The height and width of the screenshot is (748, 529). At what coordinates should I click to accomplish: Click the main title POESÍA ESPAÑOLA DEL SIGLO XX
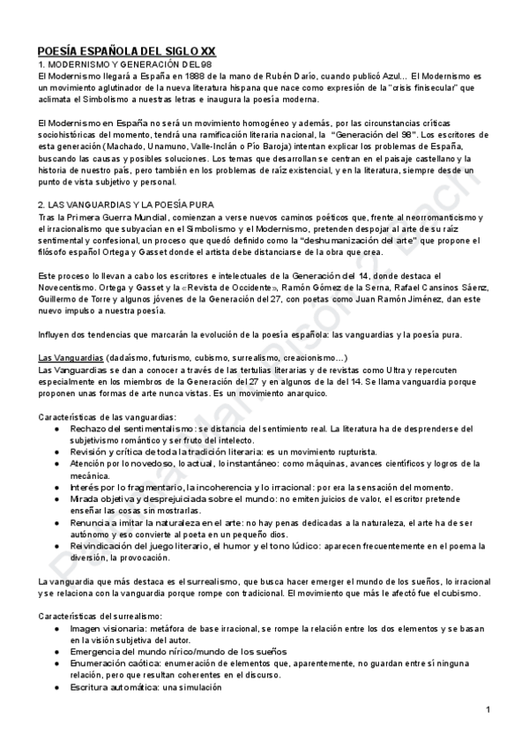tap(131, 52)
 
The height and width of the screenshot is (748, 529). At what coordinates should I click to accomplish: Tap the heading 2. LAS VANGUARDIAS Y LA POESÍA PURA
tap(141, 205)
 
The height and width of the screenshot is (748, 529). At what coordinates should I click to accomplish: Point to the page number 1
tap(488, 711)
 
